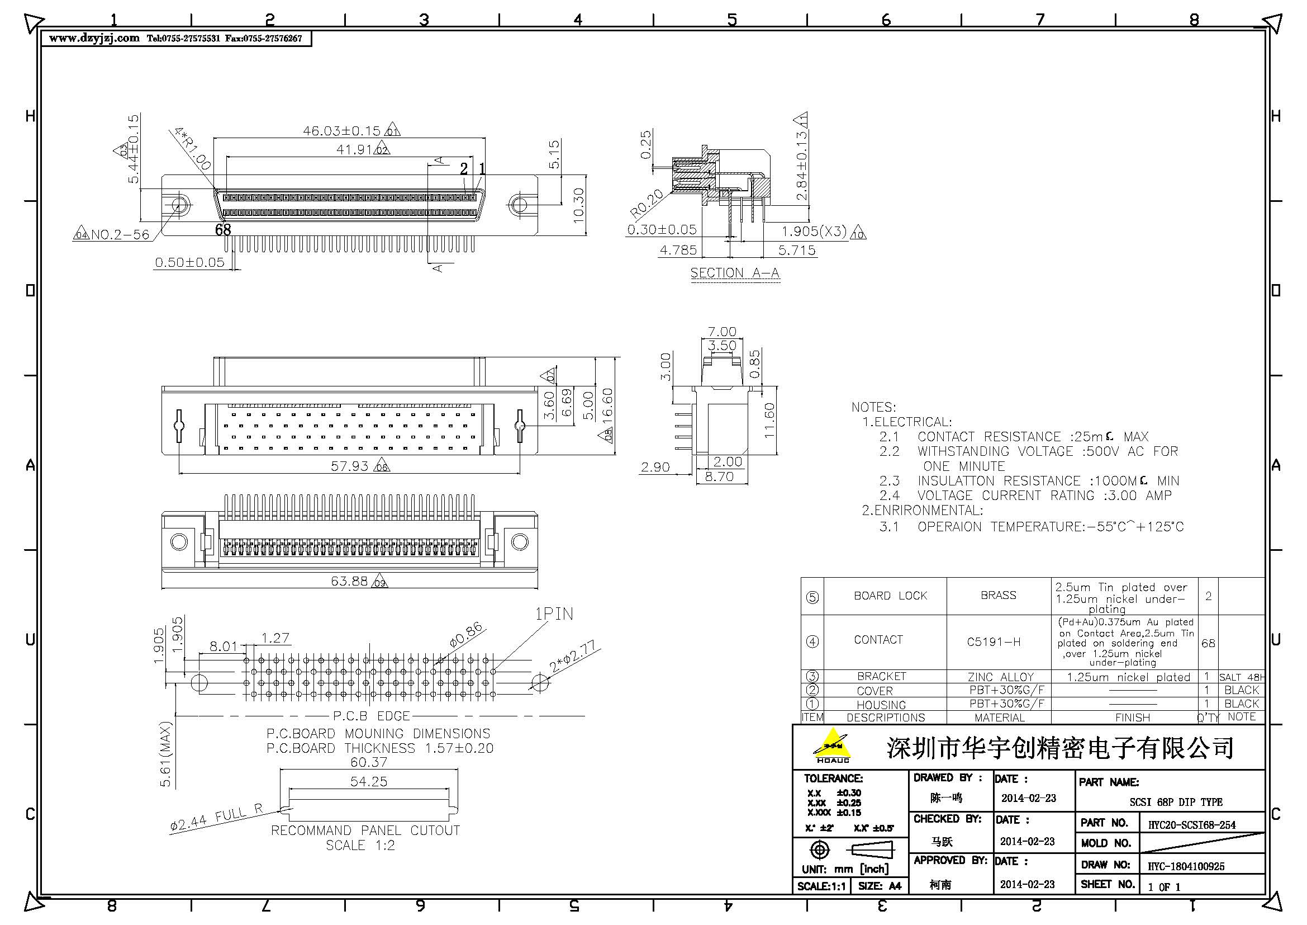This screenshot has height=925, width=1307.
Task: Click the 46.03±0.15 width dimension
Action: point(341,131)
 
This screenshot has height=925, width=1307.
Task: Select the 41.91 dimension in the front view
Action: point(354,150)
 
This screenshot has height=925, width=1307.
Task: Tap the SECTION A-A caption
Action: point(734,273)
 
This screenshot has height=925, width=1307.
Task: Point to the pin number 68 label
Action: point(223,229)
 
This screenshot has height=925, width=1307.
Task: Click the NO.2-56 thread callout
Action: point(120,235)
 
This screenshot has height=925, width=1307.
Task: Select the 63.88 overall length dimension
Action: point(349,581)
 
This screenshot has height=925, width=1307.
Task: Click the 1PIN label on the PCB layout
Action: point(553,614)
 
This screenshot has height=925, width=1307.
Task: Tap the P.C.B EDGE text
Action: point(371,715)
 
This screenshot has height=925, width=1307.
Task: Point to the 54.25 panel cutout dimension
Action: point(368,781)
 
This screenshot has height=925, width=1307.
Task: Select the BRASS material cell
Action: point(998,595)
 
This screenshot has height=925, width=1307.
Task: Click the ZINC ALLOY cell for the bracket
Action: point(1000,677)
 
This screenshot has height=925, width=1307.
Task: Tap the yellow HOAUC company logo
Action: point(831,745)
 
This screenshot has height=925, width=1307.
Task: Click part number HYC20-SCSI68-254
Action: point(1191,824)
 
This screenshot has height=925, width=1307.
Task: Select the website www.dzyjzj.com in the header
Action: point(94,38)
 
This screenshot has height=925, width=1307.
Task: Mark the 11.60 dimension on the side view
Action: point(769,421)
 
